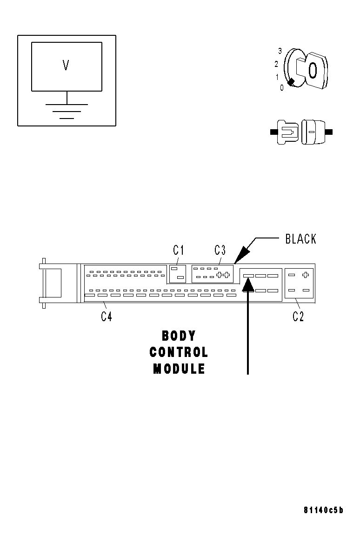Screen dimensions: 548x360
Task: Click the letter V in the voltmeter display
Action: pos(66,66)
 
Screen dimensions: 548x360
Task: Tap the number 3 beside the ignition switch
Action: pos(280,51)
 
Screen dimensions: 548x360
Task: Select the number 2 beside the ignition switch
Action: pos(276,64)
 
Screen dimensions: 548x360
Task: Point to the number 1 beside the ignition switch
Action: pos(278,77)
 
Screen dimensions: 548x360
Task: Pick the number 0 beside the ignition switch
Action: pos(282,87)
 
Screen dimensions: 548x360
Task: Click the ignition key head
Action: pos(313,70)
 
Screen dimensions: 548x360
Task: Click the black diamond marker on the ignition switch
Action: pos(291,83)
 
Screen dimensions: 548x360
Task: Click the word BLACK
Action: pos(300,239)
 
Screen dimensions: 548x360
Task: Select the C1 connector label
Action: pos(178,250)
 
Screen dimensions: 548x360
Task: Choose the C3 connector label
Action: pos(220,250)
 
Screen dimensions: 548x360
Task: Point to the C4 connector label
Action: pos(107,317)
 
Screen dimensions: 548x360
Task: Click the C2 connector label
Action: pos(298,317)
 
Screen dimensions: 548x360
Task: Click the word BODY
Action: pos(179,336)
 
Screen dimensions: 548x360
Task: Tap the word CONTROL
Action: pos(179,352)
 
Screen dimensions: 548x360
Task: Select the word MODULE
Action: pos(179,369)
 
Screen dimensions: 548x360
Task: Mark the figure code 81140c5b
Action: pos(323,510)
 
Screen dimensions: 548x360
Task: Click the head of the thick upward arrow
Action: pos(248,284)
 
